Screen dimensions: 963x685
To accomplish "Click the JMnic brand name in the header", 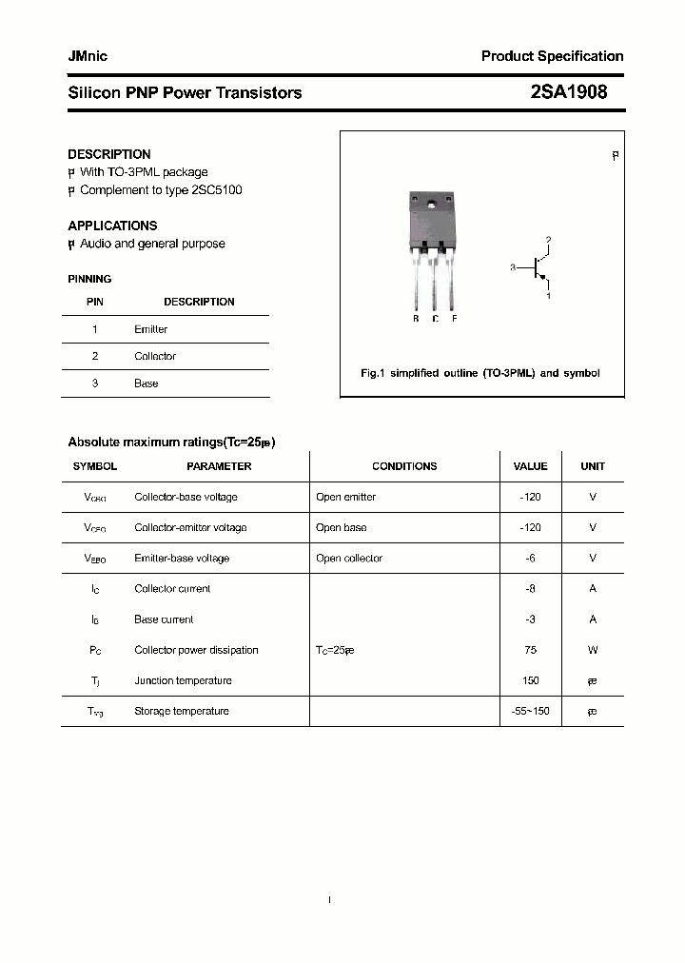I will click(88, 56).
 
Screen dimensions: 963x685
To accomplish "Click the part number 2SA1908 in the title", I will click(568, 92).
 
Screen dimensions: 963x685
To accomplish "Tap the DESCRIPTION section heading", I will click(108, 154).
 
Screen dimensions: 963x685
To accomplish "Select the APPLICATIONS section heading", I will click(112, 226).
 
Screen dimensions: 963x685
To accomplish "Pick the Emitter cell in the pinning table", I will click(150, 329).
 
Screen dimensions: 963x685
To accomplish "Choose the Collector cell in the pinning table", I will click(155, 356).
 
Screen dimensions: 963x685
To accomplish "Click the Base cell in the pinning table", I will click(146, 383).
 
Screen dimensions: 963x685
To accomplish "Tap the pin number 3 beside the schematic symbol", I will click(512, 268).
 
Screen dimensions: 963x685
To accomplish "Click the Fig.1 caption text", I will click(480, 373).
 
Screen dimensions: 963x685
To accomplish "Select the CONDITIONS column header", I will click(404, 466).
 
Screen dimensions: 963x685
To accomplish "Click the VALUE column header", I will click(530, 466).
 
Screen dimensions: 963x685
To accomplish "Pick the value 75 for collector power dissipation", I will click(530, 650).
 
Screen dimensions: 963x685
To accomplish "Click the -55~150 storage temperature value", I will click(530, 711).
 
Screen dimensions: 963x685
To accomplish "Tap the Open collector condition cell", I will click(349, 558).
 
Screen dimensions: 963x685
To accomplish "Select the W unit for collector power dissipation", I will click(593, 650).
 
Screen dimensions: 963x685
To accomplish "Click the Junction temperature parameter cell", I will click(183, 680).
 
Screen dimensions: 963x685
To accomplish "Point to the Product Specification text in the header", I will click(552, 56).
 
